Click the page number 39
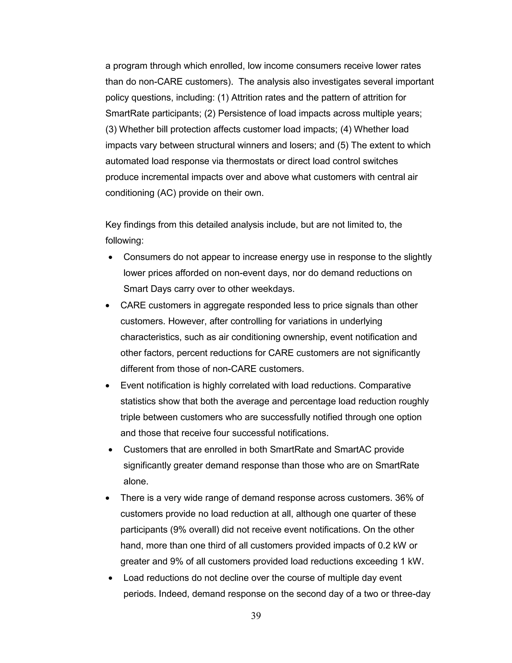coord(256,616)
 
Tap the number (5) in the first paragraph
coord(343,145)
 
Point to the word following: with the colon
coord(124,241)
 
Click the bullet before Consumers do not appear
coord(111,258)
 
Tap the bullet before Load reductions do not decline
coord(111,578)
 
